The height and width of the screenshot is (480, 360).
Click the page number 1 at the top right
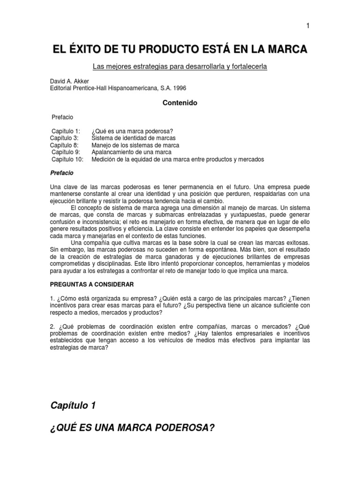(x=308, y=26)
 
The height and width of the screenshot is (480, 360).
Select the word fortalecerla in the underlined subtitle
(x=249, y=67)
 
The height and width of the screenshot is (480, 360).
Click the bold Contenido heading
(x=180, y=102)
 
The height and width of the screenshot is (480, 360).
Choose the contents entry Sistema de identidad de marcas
(x=134, y=138)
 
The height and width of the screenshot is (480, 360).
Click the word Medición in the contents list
(x=104, y=159)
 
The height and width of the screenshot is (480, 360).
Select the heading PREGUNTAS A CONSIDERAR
(x=92, y=285)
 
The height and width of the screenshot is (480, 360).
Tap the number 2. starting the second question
(x=52, y=327)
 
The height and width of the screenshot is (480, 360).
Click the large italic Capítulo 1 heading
(x=73, y=393)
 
